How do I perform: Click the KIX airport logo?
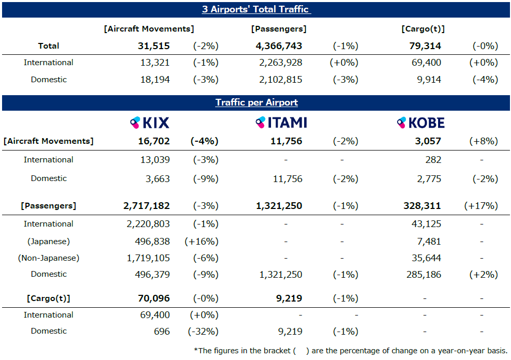pos(149,123)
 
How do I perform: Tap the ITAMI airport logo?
pos(281,123)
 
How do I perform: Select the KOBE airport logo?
pos(420,123)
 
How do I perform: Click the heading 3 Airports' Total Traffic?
pos(255,9)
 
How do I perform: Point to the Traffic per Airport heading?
pos(257,102)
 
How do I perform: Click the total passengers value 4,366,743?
pos(279,46)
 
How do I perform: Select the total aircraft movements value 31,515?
pos(154,46)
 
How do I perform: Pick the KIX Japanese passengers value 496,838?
pos(150,241)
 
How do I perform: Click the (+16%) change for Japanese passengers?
pos(201,241)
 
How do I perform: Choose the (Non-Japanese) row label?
pos(49,258)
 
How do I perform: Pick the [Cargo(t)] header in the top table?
pos(423,29)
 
